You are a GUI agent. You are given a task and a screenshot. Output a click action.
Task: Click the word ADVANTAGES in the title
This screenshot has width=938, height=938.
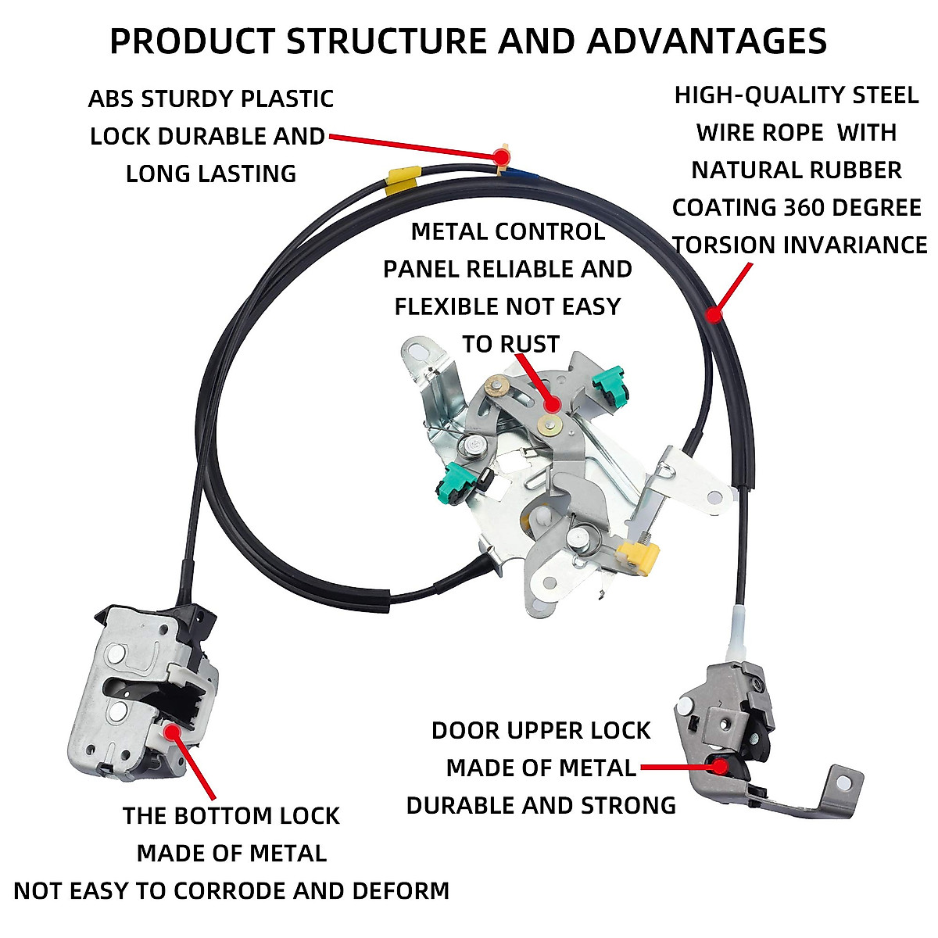click(x=707, y=41)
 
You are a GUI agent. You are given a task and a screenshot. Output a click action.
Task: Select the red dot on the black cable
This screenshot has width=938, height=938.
click(x=712, y=314)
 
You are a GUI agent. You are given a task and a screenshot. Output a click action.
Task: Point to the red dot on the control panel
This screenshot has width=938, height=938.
click(x=552, y=404)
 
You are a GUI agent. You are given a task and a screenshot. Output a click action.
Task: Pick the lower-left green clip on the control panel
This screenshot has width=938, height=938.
click(x=454, y=483)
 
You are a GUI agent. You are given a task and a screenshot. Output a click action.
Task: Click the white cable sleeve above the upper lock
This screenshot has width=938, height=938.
click(x=739, y=633)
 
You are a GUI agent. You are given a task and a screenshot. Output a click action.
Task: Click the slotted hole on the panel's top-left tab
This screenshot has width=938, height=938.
click(x=419, y=349)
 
